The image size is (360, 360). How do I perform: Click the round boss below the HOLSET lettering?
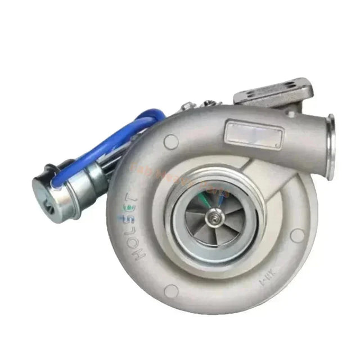pyautogui.click(x=171, y=290)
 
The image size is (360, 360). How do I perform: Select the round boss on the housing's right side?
pyautogui.click(x=297, y=235)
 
